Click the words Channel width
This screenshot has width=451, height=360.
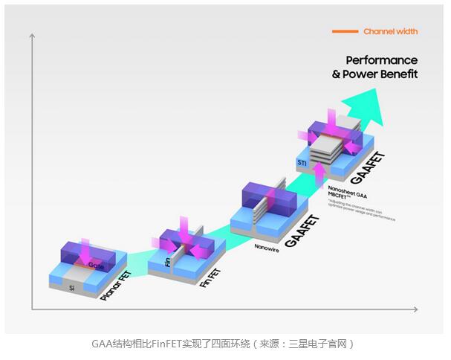pos(390,31)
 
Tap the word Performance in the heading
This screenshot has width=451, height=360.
pos(382,60)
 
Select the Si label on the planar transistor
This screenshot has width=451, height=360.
pos(72,286)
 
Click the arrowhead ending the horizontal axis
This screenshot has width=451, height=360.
pos(417,308)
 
